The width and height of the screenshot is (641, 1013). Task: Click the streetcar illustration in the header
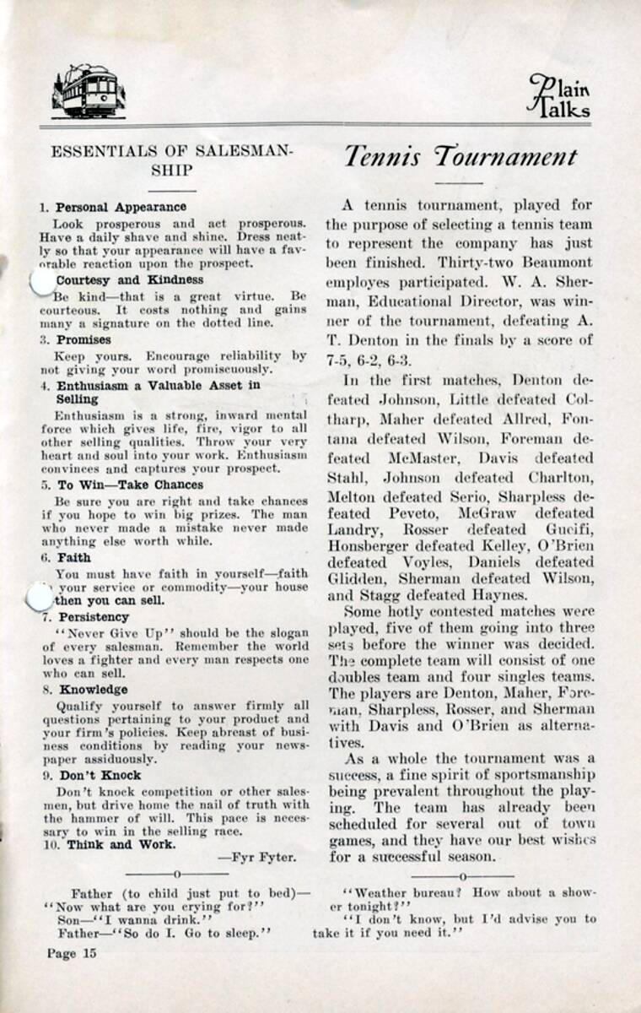point(88,90)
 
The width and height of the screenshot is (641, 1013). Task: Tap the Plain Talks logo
point(560,95)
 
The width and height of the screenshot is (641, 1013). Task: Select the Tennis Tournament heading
point(460,157)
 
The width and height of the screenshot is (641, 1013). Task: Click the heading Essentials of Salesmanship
point(172,160)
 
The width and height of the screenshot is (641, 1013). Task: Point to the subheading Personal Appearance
point(121,207)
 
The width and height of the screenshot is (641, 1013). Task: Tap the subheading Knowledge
point(89,690)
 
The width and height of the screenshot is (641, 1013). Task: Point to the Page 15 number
point(72,953)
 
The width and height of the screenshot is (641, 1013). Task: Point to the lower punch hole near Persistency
point(39,599)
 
